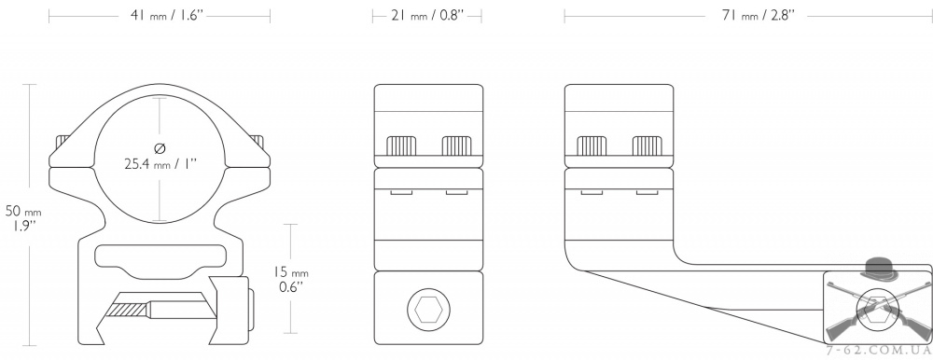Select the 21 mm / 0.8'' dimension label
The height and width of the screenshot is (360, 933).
[427, 16]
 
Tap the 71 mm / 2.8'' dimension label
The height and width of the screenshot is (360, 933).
[758, 16]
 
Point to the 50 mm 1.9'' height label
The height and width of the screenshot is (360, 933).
[24, 218]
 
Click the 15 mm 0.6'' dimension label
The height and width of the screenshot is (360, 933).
[290, 280]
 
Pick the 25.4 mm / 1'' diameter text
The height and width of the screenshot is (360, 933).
[160, 163]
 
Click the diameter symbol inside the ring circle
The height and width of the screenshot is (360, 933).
[160, 147]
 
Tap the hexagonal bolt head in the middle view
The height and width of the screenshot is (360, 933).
[428, 310]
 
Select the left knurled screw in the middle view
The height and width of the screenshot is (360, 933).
[401, 145]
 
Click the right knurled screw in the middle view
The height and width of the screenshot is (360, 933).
[456, 145]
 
